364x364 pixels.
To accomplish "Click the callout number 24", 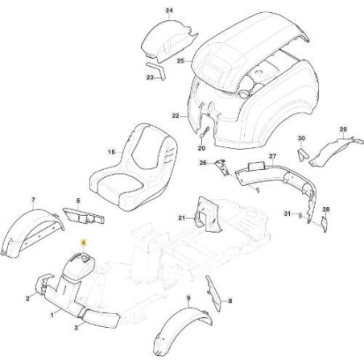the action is coord(169,10).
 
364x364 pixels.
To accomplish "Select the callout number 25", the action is coord(180,61).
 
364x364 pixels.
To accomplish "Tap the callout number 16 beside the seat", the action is coord(111,152).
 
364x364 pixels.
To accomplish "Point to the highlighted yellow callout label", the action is coord(84,243).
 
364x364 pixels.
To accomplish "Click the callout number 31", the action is coord(287,213).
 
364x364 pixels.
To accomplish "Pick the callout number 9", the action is coord(188,298).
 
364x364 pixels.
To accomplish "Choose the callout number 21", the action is coord(182,218).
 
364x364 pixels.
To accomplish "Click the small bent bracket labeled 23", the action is coord(156,71).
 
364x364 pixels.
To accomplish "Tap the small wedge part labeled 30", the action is coord(304,154).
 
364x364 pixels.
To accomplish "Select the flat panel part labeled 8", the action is coord(213,293).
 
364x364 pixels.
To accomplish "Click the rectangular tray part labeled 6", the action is coord(84,216).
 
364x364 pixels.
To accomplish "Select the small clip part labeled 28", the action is coord(325,224).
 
